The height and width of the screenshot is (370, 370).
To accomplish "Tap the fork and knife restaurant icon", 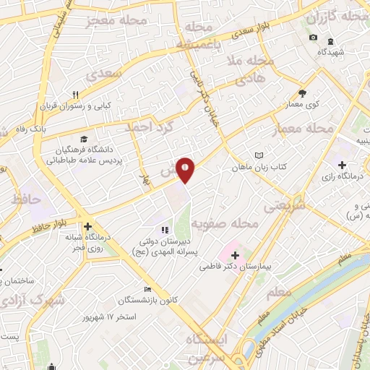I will [x=74, y=95].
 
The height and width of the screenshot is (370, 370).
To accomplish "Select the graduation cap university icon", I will [x=85, y=138].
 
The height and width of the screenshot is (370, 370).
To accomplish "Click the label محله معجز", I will [x=116, y=22].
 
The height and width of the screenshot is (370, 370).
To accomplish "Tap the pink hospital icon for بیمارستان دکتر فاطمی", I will [x=235, y=254].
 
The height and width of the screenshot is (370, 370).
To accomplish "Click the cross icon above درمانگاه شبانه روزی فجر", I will [x=89, y=227].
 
